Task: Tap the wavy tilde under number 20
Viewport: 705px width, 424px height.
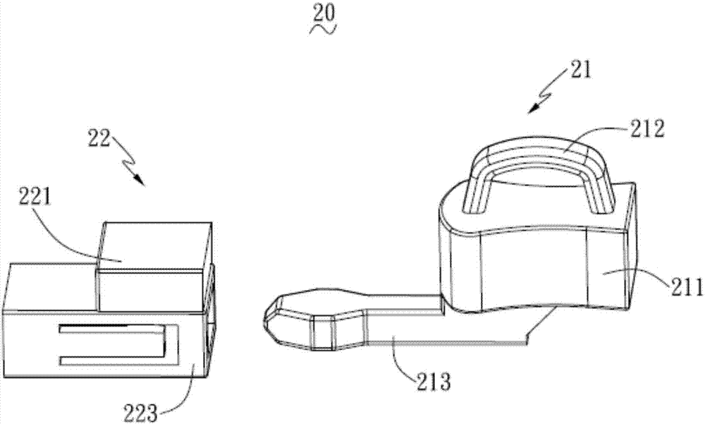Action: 324,30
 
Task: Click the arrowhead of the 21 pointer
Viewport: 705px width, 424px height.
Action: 534,107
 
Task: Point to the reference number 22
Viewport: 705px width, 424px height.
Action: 99,138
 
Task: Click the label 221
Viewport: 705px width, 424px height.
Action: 35,197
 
